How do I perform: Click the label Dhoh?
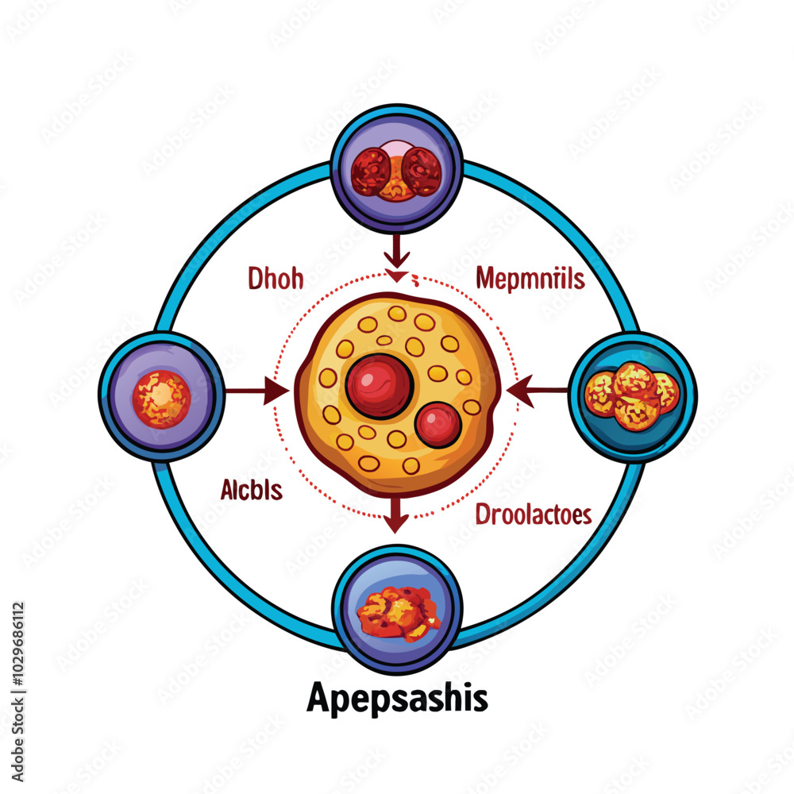(x=275, y=279)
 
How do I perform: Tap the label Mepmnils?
(x=530, y=279)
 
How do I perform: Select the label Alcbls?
(x=252, y=491)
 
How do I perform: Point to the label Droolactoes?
(x=534, y=515)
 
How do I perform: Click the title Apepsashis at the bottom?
(x=397, y=700)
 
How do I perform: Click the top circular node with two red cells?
(x=396, y=170)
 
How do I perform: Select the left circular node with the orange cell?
(x=161, y=391)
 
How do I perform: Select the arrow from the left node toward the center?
(x=256, y=391)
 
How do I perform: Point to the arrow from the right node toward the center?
(x=538, y=390)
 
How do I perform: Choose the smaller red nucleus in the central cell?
(x=437, y=424)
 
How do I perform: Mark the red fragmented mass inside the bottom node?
(x=398, y=614)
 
